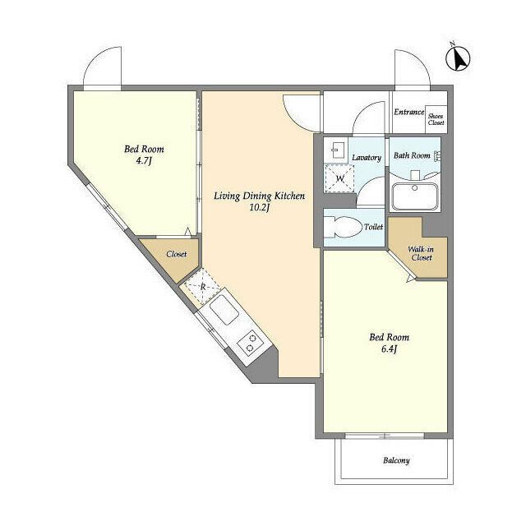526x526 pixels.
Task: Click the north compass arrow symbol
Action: [458, 58]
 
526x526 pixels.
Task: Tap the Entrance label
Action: [409, 112]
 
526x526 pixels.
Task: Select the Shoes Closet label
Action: [436, 119]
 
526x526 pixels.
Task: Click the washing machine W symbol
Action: [339, 178]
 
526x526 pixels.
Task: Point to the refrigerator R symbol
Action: [203, 287]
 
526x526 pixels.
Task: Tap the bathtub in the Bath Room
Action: [414, 196]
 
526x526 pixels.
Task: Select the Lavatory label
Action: [367, 157]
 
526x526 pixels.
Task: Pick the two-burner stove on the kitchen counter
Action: [250, 343]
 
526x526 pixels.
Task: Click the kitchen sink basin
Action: [224, 310]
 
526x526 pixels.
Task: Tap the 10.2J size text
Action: [260, 208]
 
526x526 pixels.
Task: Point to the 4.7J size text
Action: [144, 161]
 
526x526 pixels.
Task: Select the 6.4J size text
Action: [389, 349]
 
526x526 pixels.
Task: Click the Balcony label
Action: [396, 460]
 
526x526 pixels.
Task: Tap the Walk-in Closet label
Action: [422, 254]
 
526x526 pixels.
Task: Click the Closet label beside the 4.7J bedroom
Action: [177, 254]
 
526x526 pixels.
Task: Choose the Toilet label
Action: [373, 227]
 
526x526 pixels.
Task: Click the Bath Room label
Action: [412, 155]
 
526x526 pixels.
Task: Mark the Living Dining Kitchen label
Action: [260, 196]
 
